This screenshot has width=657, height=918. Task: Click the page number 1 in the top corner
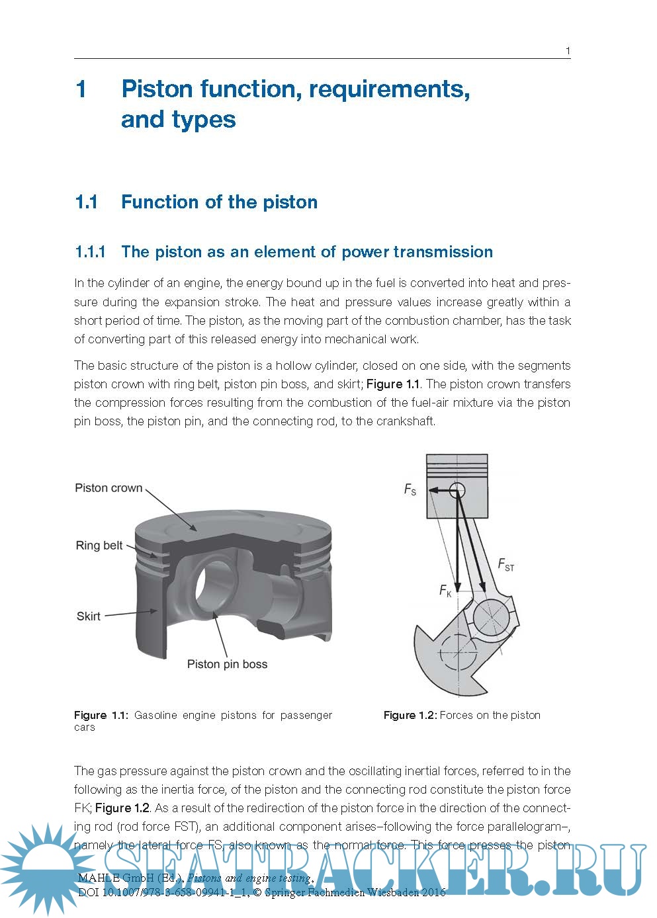coord(568,51)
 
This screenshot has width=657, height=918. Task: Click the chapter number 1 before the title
coord(81,89)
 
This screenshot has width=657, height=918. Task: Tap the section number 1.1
coord(87,202)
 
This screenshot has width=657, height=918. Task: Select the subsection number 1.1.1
coord(90,252)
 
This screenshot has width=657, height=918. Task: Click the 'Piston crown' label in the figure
coord(109,488)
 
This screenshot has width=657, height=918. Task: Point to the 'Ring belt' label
coord(99,546)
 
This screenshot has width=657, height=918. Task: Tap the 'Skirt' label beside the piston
coord(89,616)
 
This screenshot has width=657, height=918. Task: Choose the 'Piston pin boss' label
coord(227,664)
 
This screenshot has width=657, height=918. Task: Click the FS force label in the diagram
coord(410,490)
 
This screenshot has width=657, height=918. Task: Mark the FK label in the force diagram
coord(445,591)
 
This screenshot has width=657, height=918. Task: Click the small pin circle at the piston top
coord(457,490)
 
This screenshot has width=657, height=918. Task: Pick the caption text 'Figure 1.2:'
coord(410,715)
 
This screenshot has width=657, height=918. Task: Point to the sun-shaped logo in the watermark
coord(46,866)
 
